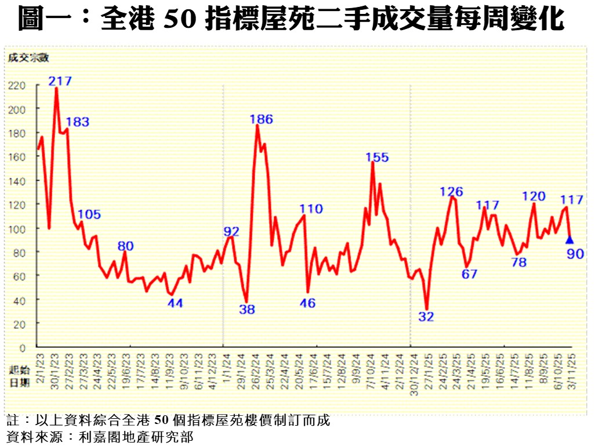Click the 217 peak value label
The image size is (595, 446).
point(60,81)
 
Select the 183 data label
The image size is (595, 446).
point(77,122)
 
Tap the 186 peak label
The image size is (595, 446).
point(261,119)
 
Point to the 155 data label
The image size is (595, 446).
point(377,157)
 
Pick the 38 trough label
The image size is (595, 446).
point(247,309)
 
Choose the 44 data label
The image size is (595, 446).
point(175,302)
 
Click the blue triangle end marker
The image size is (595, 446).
point(569,240)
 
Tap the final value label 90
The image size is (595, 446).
point(575,253)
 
